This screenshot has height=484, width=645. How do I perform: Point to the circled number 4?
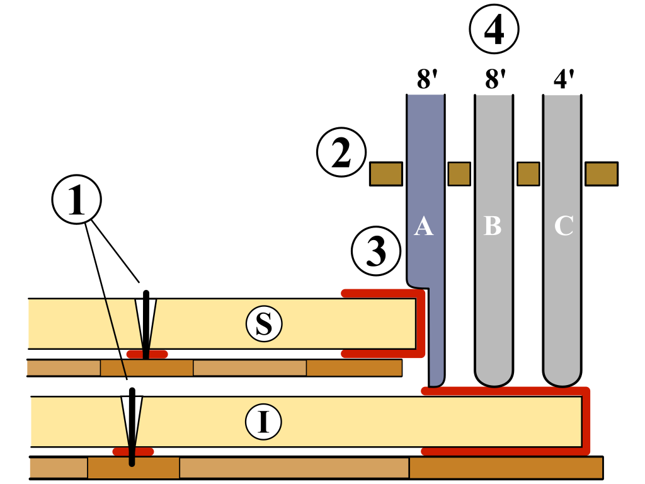[494, 29]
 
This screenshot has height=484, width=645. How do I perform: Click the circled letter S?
[264, 324]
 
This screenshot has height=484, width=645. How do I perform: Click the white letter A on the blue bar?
[424, 226]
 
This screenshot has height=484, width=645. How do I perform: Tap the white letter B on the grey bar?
[492, 226]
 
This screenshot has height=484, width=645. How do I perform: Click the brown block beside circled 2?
[385, 174]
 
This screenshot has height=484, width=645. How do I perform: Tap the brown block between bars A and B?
[459, 174]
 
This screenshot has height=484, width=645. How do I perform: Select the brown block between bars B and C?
[528, 174]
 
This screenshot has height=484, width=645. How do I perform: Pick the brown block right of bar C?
[601, 174]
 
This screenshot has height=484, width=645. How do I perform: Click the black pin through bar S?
[146, 325]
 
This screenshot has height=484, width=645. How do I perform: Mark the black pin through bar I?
[132, 425]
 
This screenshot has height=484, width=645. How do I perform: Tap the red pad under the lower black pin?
[132, 451]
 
